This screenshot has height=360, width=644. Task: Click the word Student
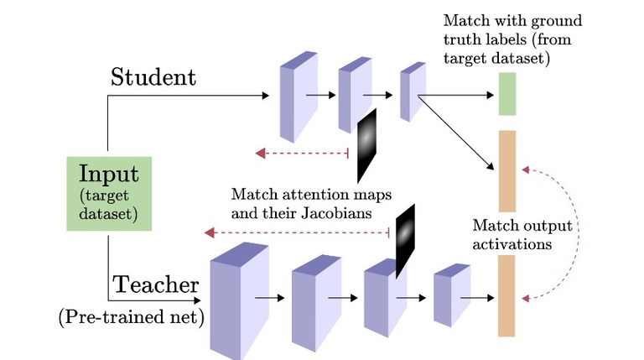click(153, 77)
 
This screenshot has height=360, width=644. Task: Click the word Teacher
click(156, 284)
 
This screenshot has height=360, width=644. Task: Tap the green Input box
click(108, 193)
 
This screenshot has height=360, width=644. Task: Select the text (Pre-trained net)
click(131, 318)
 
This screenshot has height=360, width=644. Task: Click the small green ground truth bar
click(506, 93)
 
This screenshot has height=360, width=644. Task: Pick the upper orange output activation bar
click(506, 170)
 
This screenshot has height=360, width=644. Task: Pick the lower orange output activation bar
click(506, 295)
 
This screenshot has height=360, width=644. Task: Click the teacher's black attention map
click(406, 238)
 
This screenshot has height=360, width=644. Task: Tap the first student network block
click(293, 96)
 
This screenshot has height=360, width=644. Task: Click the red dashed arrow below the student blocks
click(302, 153)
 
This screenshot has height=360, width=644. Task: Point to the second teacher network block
click(312, 297)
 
